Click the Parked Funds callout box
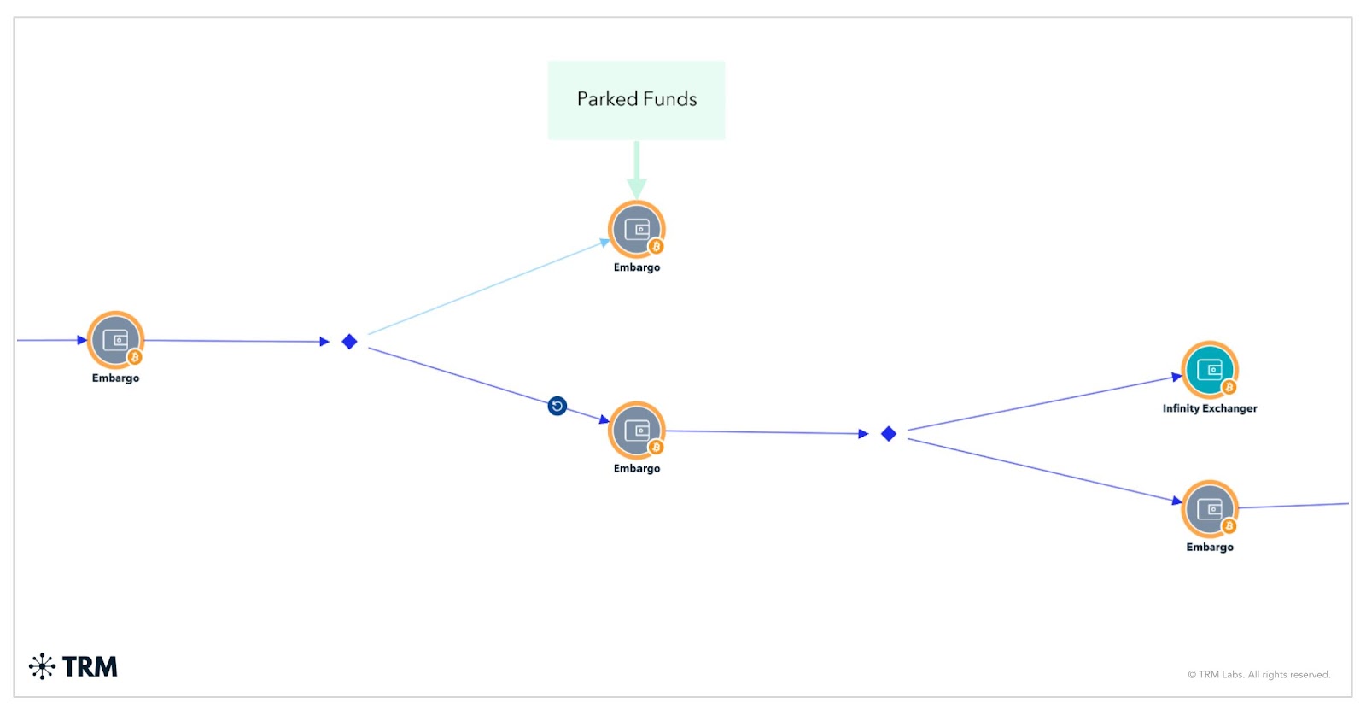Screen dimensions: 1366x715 tap(636, 100)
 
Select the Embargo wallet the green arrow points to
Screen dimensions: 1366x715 tap(636, 229)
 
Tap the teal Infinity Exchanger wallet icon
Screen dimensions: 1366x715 tap(1209, 369)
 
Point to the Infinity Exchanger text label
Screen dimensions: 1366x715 tap(1209, 408)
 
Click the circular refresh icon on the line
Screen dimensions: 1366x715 tap(557, 406)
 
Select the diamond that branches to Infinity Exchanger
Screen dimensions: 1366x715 tap(888, 434)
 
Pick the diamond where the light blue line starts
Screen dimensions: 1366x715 tap(349, 342)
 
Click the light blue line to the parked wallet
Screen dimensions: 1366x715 tap(487, 288)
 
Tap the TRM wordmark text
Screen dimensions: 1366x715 tap(90, 666)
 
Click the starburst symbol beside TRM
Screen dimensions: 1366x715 tap(42, 666)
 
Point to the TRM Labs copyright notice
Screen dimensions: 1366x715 tap(1258, 675)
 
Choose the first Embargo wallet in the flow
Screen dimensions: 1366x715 tap(115, 339)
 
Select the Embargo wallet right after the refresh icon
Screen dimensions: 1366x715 tap(636, 430)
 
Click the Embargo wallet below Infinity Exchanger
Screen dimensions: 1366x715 tap(1209, 509)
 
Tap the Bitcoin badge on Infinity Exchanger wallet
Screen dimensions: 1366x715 tap(1229, 387)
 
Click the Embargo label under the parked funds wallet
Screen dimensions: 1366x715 tap(636, 267)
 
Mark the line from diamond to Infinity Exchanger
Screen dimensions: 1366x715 tap(1042, 402)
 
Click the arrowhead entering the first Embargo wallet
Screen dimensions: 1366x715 tap(82, 340)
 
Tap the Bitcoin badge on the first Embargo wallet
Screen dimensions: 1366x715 tap(135, 357)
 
